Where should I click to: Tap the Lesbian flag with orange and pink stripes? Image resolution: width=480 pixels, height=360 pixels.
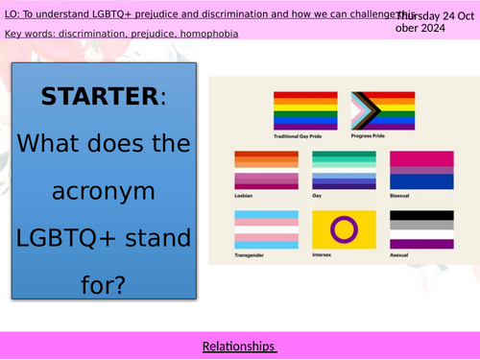(260, 169)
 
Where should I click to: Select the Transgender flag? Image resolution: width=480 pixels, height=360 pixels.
(260, 230)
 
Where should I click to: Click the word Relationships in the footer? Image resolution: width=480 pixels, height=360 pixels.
(239, 345)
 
